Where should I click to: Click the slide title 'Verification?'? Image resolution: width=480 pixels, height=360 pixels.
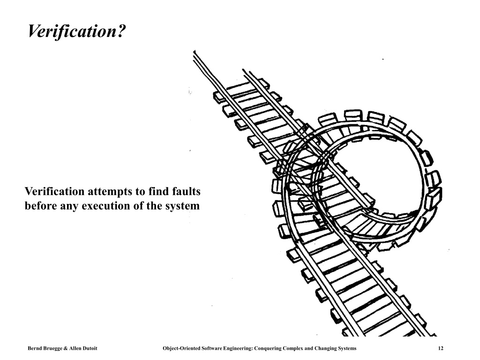[76, 31]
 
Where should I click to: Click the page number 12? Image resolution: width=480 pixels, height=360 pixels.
[441, 348]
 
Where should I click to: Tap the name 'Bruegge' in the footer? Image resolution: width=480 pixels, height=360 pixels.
[51, 348]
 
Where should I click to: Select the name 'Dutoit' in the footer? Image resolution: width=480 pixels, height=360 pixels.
[90, 348]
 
